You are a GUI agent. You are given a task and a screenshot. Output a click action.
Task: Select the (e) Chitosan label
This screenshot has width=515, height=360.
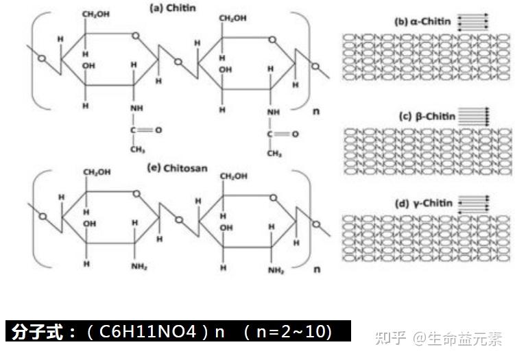pos(174,167)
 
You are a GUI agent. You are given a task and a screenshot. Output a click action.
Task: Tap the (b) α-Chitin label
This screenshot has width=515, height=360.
pos(423,21)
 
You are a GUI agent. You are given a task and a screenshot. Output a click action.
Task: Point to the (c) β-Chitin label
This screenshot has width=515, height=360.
pos(427,116)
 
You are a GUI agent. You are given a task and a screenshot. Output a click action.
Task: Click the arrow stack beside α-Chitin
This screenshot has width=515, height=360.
pos(472,21)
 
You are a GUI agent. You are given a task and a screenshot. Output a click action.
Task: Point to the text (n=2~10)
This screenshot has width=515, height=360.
pos(288,332)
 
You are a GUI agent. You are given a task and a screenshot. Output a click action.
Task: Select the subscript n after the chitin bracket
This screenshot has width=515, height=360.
pos(316,110)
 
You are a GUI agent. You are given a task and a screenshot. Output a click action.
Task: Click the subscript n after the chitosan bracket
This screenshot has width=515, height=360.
pos(316,269)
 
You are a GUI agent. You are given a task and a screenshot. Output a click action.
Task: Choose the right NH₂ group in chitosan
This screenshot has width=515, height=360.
pos(276,270)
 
